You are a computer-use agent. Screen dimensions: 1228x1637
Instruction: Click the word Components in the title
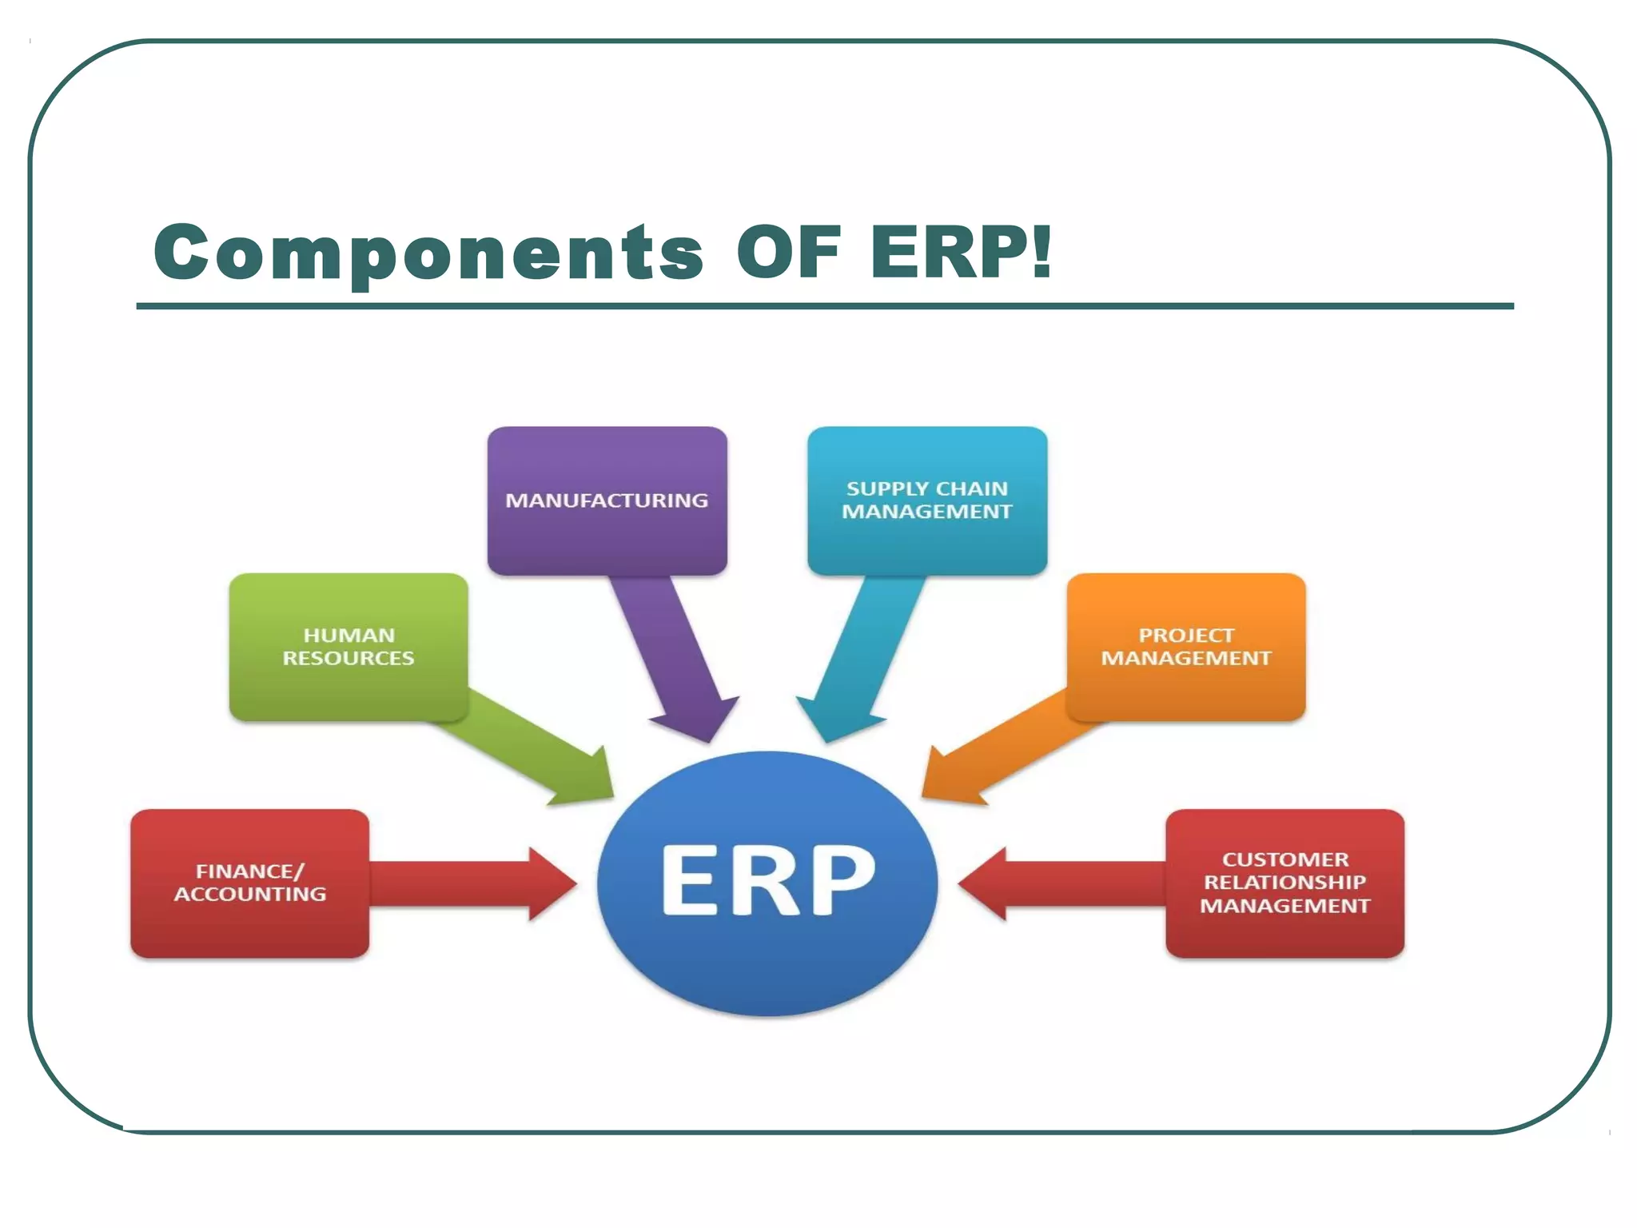click(428, 252)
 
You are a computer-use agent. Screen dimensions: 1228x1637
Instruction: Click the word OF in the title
click(789, 252)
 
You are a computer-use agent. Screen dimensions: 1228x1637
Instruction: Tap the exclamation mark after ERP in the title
click(1041, 250)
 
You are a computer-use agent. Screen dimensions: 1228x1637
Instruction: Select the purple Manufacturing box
click(607, 500)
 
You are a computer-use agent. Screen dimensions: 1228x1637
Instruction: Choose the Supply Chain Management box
click(926, 500)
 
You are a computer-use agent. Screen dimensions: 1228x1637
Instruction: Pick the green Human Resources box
click(349, 647)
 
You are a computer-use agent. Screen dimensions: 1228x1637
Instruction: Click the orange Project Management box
click(1185, 647)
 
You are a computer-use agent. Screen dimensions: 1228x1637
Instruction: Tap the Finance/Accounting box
click(249, 883)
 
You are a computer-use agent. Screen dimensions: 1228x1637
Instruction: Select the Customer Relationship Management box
click(1285, 883)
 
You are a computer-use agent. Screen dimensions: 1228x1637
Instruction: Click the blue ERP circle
click(767, 883)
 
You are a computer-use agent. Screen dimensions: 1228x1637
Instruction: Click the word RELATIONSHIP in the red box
click(1285, 882)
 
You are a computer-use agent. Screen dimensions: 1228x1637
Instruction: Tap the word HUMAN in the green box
click(349, 636)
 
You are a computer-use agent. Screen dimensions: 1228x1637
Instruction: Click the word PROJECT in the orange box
click(1185, 636)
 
